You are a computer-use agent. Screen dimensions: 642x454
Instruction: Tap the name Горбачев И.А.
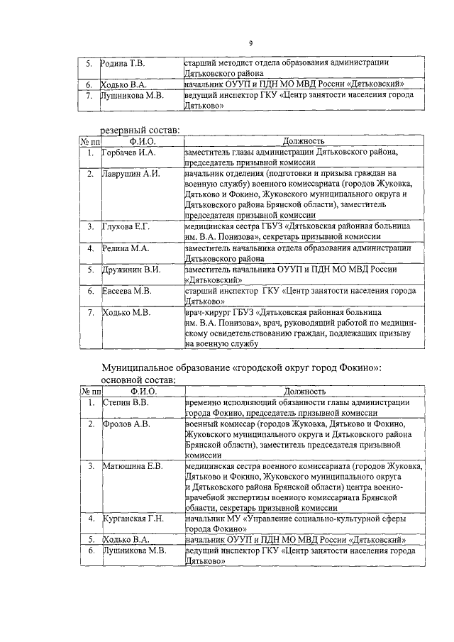(128, 153)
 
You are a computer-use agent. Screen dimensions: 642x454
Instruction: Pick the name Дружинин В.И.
(132, 270)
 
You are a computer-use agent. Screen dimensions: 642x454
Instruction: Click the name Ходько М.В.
(125, 312)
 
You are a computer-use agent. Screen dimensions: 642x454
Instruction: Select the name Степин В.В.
(125, 402)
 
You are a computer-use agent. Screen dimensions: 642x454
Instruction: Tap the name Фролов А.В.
(126, 424)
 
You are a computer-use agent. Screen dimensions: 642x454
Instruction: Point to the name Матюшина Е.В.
(133, 466)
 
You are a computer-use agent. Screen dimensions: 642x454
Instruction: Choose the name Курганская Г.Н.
(133, 519)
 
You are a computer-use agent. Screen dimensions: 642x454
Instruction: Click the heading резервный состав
(140, 129)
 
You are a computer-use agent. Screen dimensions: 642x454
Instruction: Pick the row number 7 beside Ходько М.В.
(90, 312)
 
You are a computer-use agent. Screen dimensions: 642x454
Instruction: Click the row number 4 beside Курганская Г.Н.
(90, 519)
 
